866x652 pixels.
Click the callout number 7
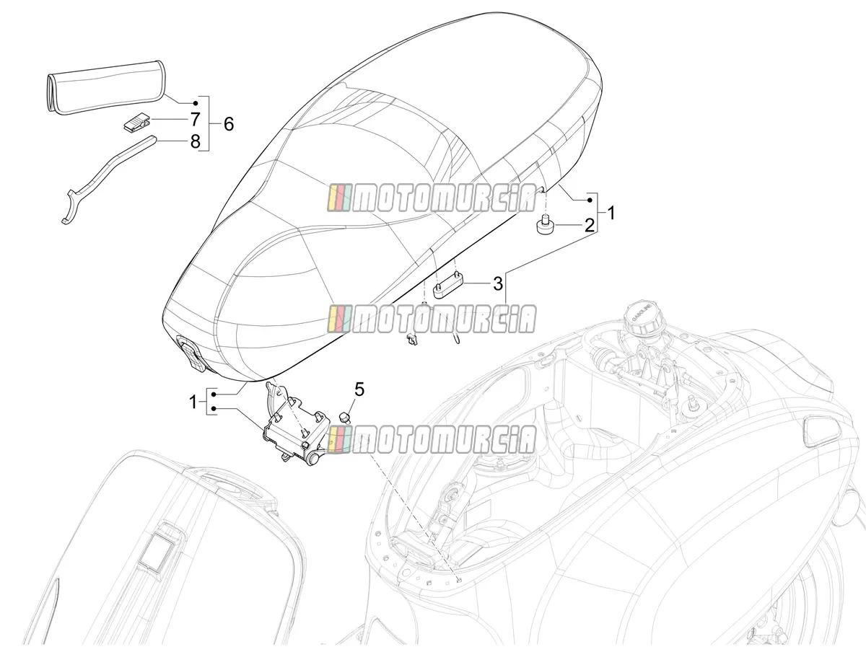[195, 119]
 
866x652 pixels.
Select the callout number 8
[195, 141]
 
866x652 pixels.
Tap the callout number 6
[229, 124]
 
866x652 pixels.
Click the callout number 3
[498, 283]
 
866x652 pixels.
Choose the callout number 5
[359, 389]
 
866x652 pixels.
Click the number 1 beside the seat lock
[193, 402]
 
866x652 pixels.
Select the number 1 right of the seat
[611, 213]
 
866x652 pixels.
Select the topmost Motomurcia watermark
[432, 198]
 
